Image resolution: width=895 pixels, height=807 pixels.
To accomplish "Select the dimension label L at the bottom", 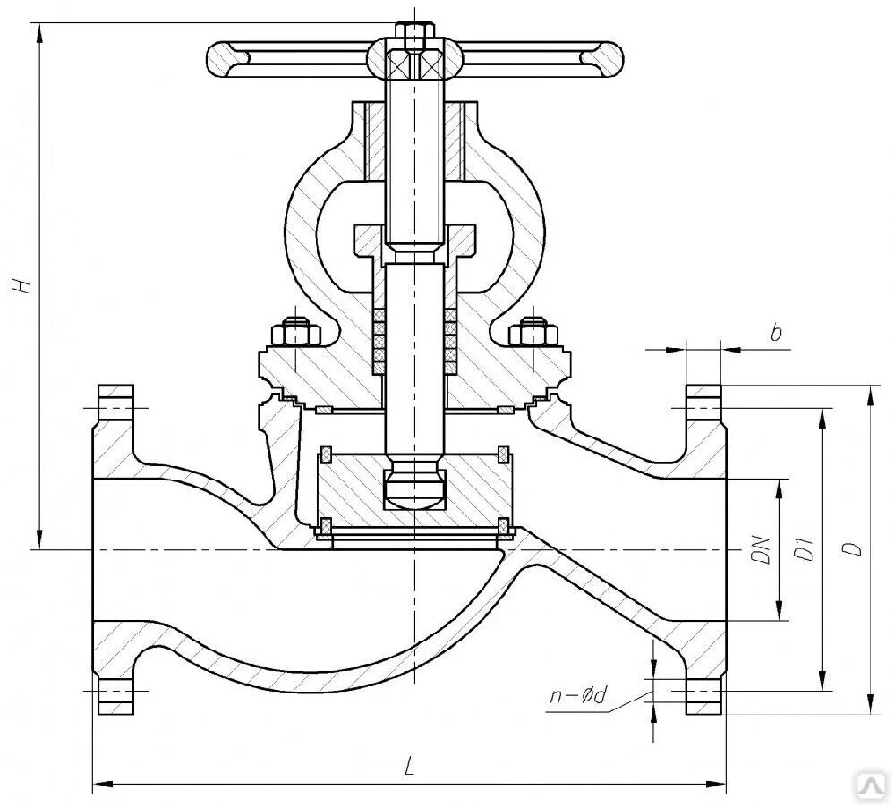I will (408, 767).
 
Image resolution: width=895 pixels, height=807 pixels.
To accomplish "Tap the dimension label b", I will (776, 335).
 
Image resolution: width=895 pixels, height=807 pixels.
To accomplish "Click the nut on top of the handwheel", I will (412, 37).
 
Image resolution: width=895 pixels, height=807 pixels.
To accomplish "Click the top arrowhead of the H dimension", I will (39, 30).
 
